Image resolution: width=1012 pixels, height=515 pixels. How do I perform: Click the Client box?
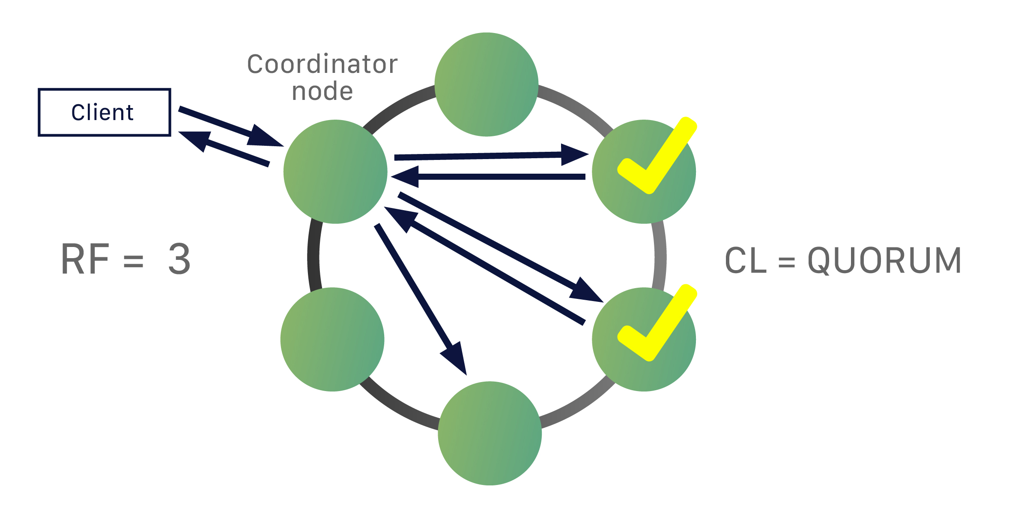click(x=104, y=112)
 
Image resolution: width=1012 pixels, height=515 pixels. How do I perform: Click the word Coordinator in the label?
click(x=322, y=65)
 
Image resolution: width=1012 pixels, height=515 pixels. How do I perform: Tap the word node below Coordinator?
click(x=322, y=92)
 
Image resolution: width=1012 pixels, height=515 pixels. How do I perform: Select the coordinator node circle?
click(x=335, y=172)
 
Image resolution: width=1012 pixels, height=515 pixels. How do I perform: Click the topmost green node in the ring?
click(x=486, y=84)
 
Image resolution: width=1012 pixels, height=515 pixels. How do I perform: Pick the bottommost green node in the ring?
click(x=490, y=433)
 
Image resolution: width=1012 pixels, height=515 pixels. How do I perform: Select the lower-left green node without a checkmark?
click(x=332, y=339)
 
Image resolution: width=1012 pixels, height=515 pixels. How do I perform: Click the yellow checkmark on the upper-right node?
click(x=657, y=157)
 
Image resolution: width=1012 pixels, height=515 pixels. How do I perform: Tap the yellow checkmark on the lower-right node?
click(x=657, y=324)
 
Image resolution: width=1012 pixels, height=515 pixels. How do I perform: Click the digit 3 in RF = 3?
click(x=179, y=259)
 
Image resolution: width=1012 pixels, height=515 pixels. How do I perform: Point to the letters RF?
click(x=85, y=259)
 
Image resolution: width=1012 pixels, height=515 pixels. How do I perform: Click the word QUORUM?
click(x=885, y=260)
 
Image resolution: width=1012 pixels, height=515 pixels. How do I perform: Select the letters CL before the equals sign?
click(x=746, y=260)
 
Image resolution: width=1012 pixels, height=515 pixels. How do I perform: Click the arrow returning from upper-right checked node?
click(x=493, y=177)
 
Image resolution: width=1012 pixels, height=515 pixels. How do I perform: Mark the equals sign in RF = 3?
click(x=133, y=261)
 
